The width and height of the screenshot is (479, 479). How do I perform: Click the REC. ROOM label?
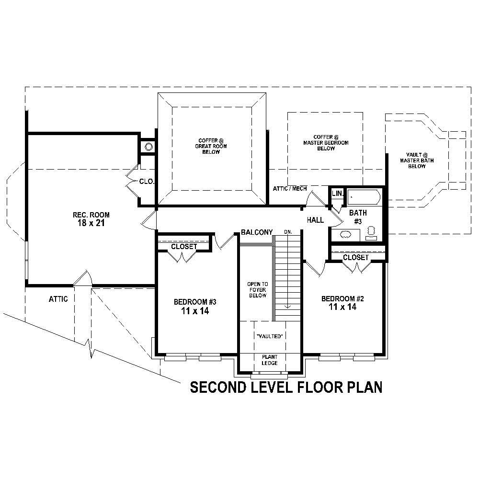coord(91,215)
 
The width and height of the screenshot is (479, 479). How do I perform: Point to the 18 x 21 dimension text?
coord(91,223)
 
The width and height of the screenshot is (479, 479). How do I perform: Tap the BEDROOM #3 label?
coord(195,302)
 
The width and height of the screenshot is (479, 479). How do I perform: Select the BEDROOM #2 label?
coord(342,299)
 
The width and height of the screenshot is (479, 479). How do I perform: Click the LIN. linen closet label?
coord(337,193)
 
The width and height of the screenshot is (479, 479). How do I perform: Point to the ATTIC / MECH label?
coord(290,189)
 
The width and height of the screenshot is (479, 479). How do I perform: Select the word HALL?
coord(315,220)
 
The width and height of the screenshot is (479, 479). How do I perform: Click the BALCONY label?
coord(257,232)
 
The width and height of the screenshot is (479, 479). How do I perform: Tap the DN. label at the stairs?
coord(288,232)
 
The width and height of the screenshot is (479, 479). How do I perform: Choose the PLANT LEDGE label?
coord(270,360)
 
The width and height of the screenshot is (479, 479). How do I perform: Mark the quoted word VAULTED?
coord(270,336)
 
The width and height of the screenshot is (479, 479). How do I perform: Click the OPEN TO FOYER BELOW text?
coord(257,290)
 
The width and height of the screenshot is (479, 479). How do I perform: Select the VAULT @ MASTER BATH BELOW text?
coord(417,160)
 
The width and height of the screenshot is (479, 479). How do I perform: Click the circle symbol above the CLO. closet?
coord(148,147)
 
